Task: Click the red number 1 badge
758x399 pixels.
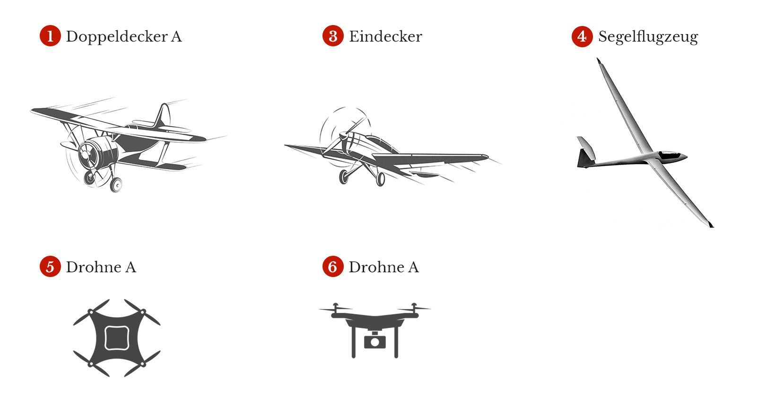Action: [x=50, y=36]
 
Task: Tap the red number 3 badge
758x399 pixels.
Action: [x=333, y=36]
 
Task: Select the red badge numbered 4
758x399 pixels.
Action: [x=582, y=36]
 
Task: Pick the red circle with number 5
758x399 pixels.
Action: [x=50, y=267]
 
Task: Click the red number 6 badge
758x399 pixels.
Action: [x=333, y=267]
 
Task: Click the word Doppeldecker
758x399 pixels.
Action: [x=117, y=36]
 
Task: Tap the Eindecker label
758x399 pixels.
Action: [x=385, y=36]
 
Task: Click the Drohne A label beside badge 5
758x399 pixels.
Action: [x=101, y=267]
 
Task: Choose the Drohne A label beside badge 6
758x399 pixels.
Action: [x=384, y=267]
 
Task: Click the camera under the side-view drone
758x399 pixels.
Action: [x=375, y=340]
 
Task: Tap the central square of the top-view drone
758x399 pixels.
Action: [x=117, y=338]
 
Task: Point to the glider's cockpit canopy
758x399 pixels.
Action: [x=670, y=156]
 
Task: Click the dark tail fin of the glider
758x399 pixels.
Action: [x=585, y=158]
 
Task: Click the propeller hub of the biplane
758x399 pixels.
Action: [x=85, y=155]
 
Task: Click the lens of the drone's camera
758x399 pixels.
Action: [x=375, y=342]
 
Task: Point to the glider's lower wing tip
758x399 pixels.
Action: [x=711, y=225]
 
